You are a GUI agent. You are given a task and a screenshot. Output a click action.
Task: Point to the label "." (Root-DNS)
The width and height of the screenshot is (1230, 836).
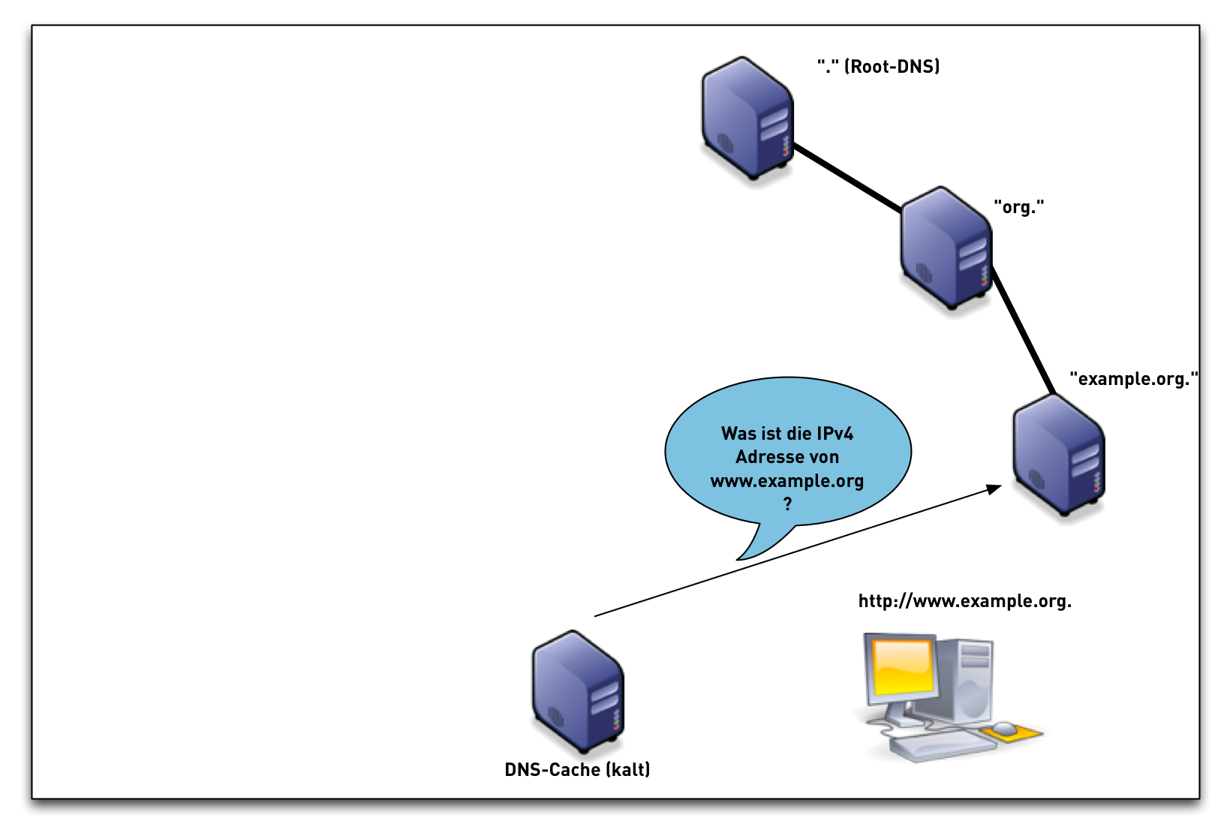(x=878, y=67)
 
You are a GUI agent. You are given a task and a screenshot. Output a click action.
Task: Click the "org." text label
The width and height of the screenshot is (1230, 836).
(x=1018, y=207)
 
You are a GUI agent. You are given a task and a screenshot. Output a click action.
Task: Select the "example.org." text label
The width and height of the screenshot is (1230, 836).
(x=1133, y=379)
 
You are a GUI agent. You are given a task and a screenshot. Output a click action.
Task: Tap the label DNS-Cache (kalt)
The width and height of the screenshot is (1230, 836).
(x=577, y=770)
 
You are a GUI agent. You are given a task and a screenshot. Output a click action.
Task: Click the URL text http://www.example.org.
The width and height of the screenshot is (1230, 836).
(x=964, y=601)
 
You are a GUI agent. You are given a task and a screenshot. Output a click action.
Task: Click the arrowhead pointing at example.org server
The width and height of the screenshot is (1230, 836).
(x=994, y=489)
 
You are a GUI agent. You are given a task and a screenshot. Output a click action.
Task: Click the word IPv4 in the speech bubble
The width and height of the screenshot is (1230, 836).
(x=835, y=434)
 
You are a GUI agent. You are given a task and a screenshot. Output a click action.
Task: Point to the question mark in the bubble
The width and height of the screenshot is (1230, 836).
(x=787, y=504)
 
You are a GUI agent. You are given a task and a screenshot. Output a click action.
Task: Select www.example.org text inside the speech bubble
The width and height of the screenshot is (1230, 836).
(x=786, y=481)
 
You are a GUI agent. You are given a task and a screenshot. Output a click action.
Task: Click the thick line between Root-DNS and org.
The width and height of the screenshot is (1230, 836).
(x=847, y=177)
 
